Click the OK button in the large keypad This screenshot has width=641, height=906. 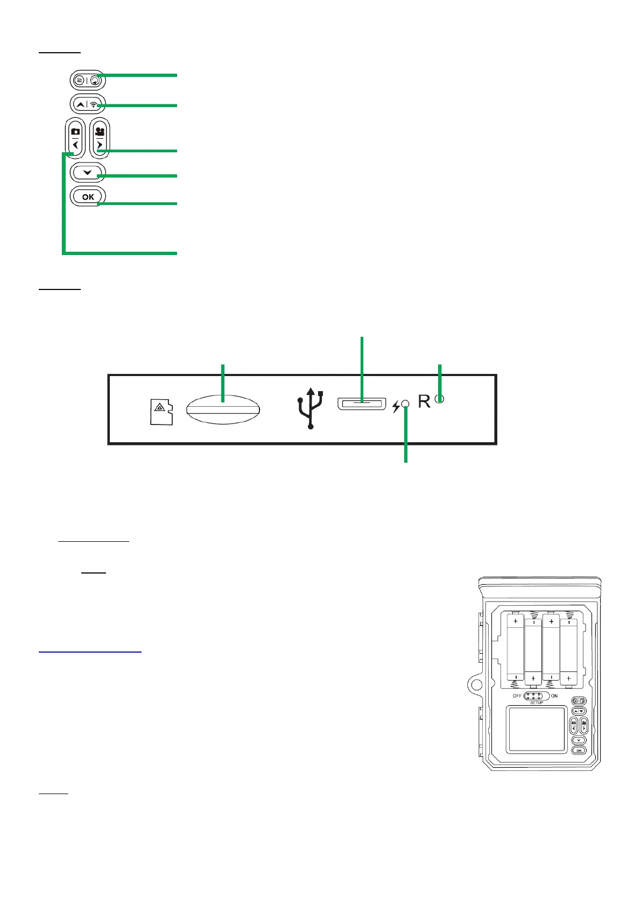(x=88, y=197)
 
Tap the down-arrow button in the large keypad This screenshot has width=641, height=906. (x=88, y=173)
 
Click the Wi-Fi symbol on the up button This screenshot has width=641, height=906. (x=94, y=104)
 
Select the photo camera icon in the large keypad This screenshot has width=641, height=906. (x=75, y=131)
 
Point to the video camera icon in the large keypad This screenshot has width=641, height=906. (x=100, y=131)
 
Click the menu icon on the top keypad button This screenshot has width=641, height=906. (x=79, y=81)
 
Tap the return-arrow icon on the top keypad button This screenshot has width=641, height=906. (x=95, y=81)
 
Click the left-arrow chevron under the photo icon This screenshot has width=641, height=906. (x=75, y=145)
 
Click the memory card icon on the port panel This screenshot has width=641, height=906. (x=161, y=412)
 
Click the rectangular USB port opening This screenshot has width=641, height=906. (x=362, y=404)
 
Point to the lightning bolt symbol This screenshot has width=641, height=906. (x=396, y=407)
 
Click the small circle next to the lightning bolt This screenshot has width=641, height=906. (x=406, y=405)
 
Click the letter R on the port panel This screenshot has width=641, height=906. (x=425, y=401)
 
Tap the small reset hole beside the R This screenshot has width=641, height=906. (x=440, y=399)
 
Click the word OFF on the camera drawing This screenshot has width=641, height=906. (x=517, y=696)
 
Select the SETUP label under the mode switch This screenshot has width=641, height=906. (x=537, y=703)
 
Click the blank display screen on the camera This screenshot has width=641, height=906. (x=536, y=730)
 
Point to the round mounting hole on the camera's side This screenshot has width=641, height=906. (x=475, y=684)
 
